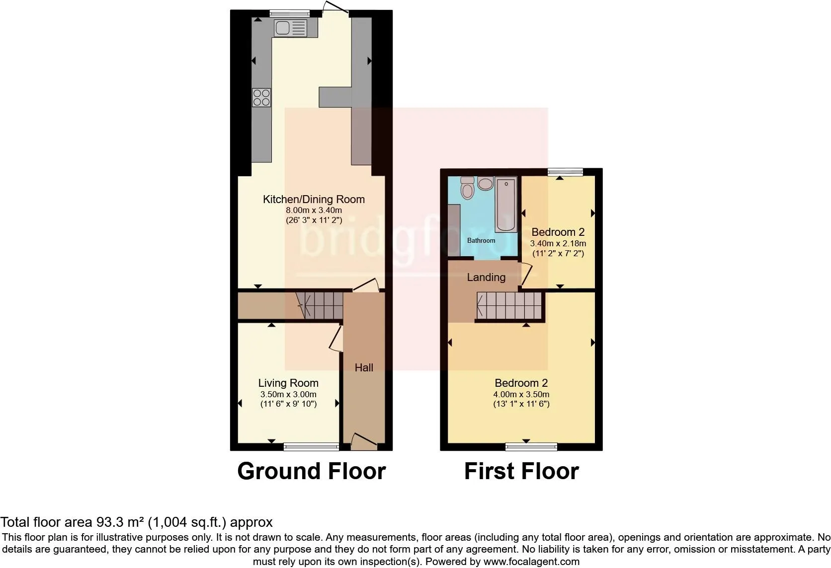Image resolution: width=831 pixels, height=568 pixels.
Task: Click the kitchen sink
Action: click(290, 28)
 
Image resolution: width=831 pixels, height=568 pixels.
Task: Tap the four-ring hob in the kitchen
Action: click(261, 97)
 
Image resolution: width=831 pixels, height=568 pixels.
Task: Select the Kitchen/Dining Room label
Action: click(314, 199)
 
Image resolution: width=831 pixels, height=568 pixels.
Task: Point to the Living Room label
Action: click(288, 383)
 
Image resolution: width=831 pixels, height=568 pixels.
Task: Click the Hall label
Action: click(364, 367)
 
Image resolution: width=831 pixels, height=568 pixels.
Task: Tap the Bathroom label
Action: click(481, 240)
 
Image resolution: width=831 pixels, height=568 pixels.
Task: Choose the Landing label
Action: click(486, 277)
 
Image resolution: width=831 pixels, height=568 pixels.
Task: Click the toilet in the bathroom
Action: click(467, 188)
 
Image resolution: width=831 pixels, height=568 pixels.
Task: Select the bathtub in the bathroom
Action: click(505, 205)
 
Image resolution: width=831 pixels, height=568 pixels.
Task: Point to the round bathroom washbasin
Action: click(485, 183)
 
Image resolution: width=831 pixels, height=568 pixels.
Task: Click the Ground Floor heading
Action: click(312, 471)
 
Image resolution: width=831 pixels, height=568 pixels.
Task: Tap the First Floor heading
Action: click(521, 471)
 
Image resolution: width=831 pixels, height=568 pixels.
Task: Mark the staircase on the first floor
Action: click(509, 306)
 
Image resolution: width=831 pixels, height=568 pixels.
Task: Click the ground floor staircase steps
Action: click(320, 306)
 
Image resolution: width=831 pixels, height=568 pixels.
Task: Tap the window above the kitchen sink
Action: click(289, 13)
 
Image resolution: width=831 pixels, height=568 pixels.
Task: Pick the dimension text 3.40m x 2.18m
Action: click(558, 243)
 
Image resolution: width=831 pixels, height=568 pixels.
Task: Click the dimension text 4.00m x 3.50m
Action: click(521, 394)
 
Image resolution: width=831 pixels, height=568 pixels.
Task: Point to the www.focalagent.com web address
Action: click(532, 562)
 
